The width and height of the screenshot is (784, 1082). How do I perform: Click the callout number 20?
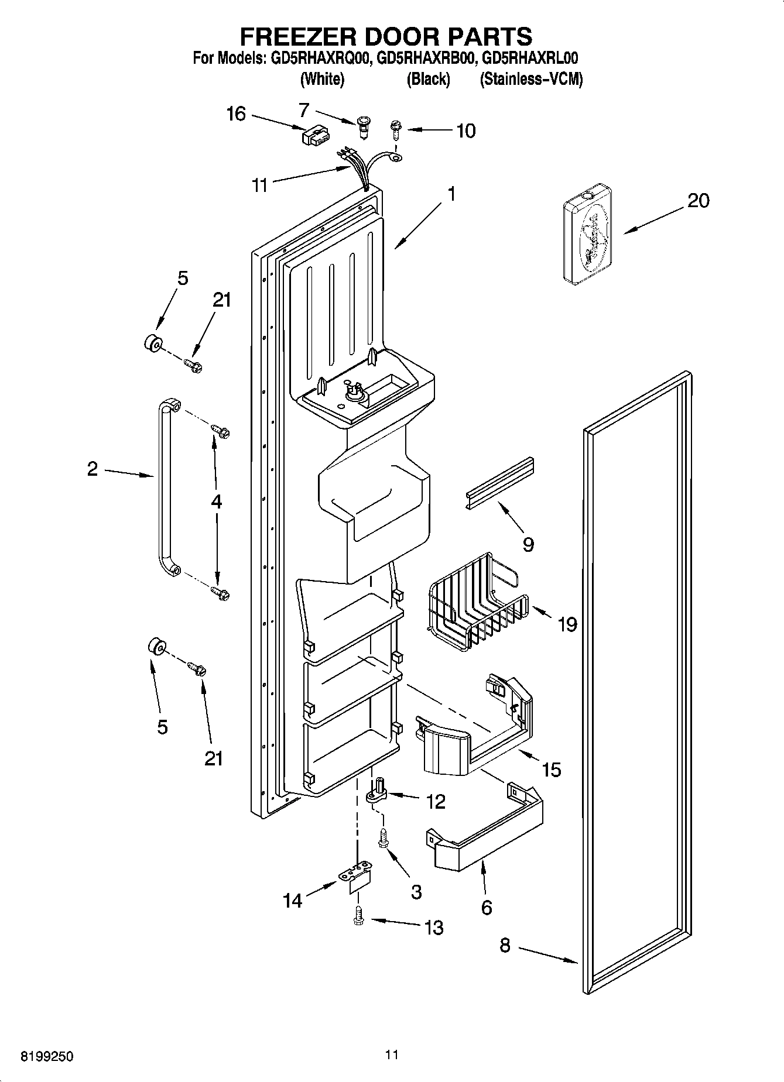(698, 201)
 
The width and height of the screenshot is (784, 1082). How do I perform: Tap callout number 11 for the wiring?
(259, 186)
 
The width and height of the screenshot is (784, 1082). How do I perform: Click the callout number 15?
(552, 770)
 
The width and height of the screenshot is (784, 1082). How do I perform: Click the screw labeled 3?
(383, 837)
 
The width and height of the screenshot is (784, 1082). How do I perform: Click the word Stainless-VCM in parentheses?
(531, 80)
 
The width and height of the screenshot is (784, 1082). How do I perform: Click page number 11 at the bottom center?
(392, 1054)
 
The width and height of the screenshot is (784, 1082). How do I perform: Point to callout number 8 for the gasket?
(505, 945)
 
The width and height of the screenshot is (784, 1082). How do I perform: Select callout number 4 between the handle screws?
(216, 502)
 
